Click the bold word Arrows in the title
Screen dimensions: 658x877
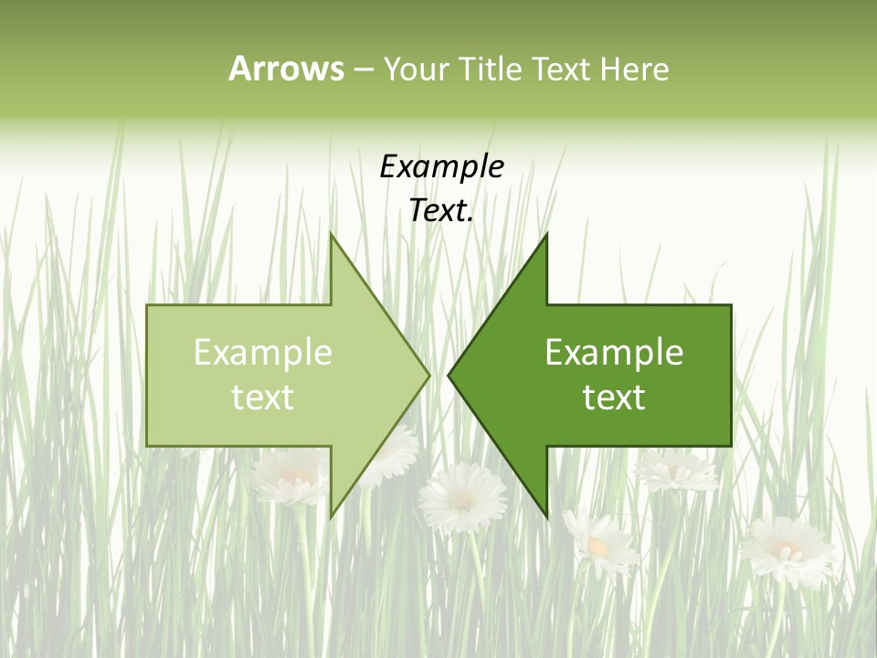tap(286, 69)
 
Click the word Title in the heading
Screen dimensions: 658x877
tap(494, 69)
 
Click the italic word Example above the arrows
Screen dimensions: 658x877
tap(441, 167)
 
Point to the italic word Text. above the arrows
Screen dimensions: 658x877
tap(441, 211)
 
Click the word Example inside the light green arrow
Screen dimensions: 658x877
tap(263, 353)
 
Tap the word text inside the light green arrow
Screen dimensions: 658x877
tap(263, 398)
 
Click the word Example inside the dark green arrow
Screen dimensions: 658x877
tap(614, 353)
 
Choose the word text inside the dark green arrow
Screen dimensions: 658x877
tap(614, 398)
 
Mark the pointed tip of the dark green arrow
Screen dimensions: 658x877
tap(449, 375)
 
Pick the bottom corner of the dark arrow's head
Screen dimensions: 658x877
tap(546, 516)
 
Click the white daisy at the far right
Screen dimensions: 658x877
tap(787, 550)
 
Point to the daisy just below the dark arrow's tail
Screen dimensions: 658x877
tap(677, 470)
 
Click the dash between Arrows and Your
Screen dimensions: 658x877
tap(363, 69)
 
